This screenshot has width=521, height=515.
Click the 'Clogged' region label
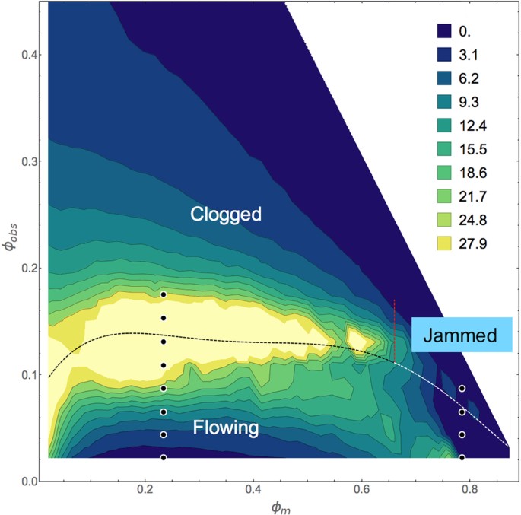[x=225, y=215]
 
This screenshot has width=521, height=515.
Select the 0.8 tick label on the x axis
[x=470, y=489]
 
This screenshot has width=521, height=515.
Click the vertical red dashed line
[x=394, y=331]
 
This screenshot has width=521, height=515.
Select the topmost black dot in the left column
[x=163, y=294]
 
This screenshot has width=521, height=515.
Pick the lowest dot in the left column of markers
[x=163, y=457]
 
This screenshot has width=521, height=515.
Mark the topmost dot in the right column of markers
[x=462, y=388]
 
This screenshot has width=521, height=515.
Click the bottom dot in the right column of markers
[x=462, y=457]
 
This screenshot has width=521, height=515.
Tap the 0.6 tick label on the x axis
[x=362, y=489]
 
